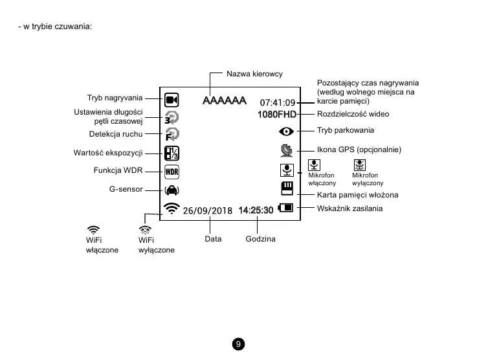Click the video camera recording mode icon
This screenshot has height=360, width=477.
(x=172, y=100)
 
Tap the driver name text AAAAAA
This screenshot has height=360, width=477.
(x=224, y=101)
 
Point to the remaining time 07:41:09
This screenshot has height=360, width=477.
(x=278, y=102)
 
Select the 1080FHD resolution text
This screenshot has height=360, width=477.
(x=277, y=115)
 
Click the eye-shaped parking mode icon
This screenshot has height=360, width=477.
(x=285, y=131)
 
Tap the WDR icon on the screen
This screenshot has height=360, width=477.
(x=172, y=172)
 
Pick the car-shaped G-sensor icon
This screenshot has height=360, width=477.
(x=172, y=190)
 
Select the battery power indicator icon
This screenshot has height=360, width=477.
(x=285, y=208)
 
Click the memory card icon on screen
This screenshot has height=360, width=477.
(x=286, y=188)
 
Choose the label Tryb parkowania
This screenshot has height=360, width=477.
(x=346, y=130)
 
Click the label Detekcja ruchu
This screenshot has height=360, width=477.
(x=115, y=134)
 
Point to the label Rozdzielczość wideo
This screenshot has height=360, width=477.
(x=353, y=114)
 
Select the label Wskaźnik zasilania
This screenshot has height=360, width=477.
(x=349, y=208)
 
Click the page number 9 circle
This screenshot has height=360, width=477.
(x=239, y=344)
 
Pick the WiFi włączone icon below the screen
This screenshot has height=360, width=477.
(x=94, y=230)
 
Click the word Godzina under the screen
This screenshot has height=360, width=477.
(x=261, y=239)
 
